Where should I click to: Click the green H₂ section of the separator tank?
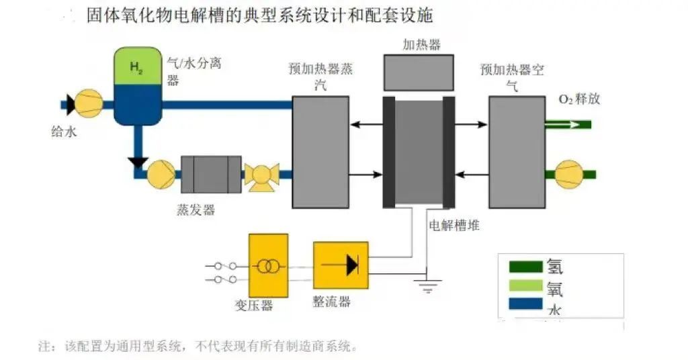(137, 66)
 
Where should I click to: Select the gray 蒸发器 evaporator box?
(211, 175)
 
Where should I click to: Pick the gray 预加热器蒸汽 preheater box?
(320, 152)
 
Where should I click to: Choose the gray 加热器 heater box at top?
(417, 73)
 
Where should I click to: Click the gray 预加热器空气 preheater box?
(517, 152)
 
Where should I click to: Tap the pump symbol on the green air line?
(569, 174)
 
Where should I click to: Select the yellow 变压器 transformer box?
(268, 266)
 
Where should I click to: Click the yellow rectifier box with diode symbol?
(341, 266)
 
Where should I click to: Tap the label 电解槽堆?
(454, 225)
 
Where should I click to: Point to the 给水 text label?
(64, 132)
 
